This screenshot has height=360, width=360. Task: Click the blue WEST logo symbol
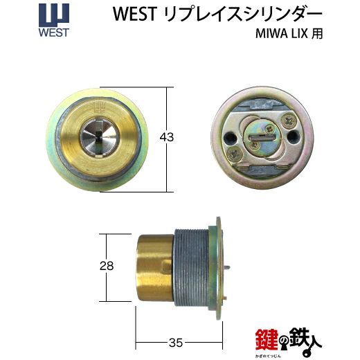click(54, 15)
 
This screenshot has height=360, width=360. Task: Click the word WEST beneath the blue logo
click(54, 33)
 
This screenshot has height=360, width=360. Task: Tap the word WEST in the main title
click(135, 14)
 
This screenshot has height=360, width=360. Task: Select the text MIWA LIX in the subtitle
click(282, 34)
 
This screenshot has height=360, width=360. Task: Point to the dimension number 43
click(167, 138)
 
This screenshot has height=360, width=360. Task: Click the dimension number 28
click(107, 266)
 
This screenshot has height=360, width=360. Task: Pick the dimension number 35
click(176, 343)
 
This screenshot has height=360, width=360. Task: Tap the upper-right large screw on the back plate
click(288, 120)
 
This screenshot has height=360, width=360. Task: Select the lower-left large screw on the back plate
click(234, 154)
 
